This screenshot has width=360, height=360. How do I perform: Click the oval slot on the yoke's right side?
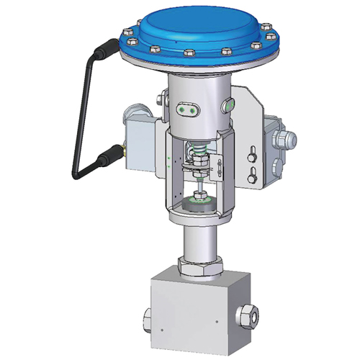click(229, 104)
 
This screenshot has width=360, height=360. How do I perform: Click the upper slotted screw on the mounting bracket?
click(253, 153)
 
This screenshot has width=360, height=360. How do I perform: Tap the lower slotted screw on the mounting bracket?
click(253, 173)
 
